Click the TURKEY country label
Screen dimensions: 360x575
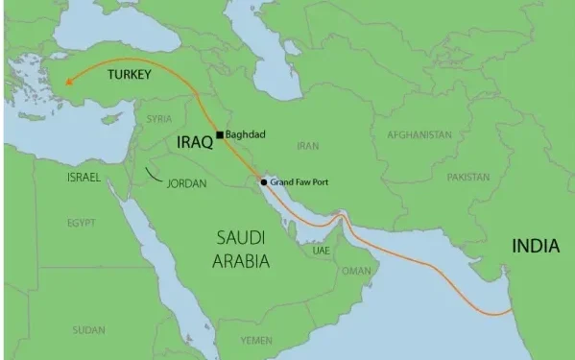coord(130,74)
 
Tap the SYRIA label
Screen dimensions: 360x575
coord(159,119)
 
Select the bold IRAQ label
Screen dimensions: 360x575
coord(194,141)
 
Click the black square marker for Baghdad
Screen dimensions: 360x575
coord(220,134)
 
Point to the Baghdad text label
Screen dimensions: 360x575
coord(246,134)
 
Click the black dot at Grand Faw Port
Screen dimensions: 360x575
coord(264,181)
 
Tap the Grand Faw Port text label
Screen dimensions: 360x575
coord(301,181)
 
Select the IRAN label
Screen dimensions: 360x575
coord(308,146)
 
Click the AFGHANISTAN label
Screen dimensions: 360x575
coord(419,135)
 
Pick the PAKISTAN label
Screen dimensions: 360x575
coord(467,178)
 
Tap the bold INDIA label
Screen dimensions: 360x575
coord(536,247)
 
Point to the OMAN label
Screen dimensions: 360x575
coord(356,272)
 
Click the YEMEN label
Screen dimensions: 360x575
coord(256,340)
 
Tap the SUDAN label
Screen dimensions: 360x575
coord(88,330)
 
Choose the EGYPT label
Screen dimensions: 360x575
coord(82,223)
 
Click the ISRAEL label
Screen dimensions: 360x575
coord(84,179)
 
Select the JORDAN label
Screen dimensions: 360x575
coord(187,182)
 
